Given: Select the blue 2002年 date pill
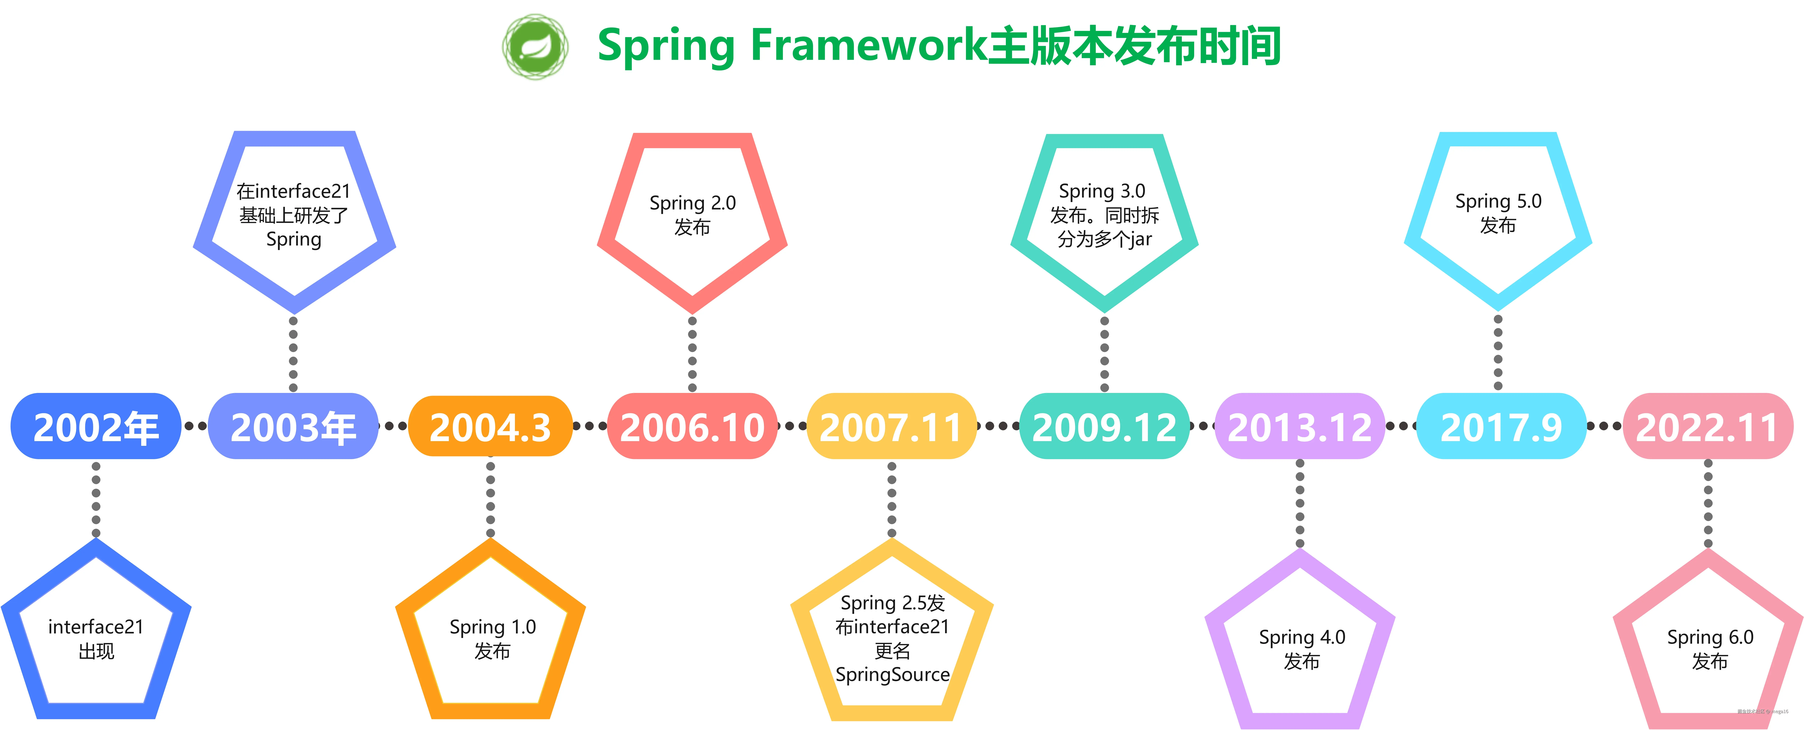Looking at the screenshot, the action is [x=96, y=427].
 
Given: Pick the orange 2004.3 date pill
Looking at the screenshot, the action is [x=490, y=427].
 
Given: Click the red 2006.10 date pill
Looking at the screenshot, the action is [x=692, y=427].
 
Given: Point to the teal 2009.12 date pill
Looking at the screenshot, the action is [x=1104, y=427].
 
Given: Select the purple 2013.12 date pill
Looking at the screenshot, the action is [x=1300, y=427].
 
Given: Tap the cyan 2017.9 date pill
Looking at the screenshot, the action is [x=1501, y=427].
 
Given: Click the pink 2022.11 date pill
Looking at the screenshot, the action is [x=1707, y=427].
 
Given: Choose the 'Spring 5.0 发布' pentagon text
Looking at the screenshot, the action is [x=1498, y=213].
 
